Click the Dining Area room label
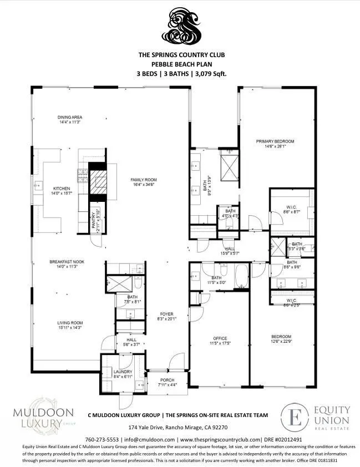pos(70,117)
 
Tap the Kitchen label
pos(62,188)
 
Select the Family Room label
pos(144,180)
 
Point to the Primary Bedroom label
pos(275,141)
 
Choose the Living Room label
pos(70,323)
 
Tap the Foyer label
pos(167,314)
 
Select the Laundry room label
pos(123,372)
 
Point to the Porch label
pos(167,380)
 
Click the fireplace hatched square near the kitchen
pos(98,181)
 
